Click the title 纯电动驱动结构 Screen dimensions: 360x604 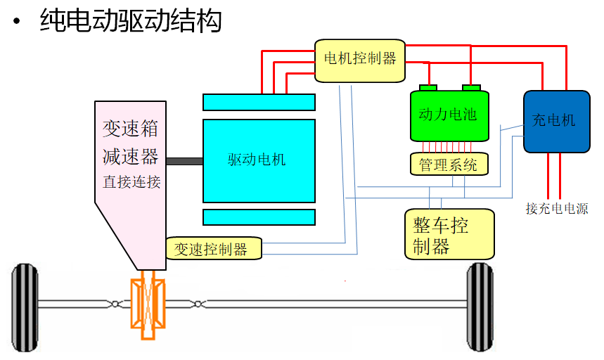tap(131, 20)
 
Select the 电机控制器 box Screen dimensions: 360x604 tap(359, 58)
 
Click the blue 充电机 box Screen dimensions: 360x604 tap(555, 121)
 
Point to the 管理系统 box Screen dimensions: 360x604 tap(448, 165)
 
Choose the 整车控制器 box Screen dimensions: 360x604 tap(449, 234)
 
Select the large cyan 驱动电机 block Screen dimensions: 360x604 tap(258, 160)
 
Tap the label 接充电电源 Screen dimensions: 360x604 tap(557, 209)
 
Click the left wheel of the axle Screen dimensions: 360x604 tap(26, 307)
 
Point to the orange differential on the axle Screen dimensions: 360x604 tap(149, 307)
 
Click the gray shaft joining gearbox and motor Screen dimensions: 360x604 tap(184, 162)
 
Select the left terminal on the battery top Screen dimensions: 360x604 tap(428, 88)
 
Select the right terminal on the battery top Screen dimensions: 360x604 tap(470, 88)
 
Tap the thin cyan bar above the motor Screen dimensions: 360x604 tap(258, 103)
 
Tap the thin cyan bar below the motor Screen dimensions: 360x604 tap(258, 216)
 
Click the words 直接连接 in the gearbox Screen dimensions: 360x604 tap(131, 182)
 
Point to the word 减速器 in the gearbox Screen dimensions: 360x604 tap(131, 155)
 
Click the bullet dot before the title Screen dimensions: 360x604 tap(16, 22)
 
